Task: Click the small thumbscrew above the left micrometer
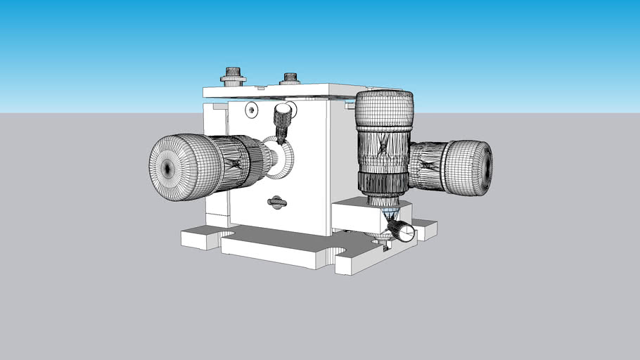(283, 115)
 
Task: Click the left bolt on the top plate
(232, 75)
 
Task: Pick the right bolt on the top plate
(289, 79)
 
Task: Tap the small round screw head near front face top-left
(252, 110)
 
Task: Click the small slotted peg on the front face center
(277, 202)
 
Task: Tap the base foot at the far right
(425, 229)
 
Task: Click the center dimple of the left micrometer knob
(167, 168)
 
